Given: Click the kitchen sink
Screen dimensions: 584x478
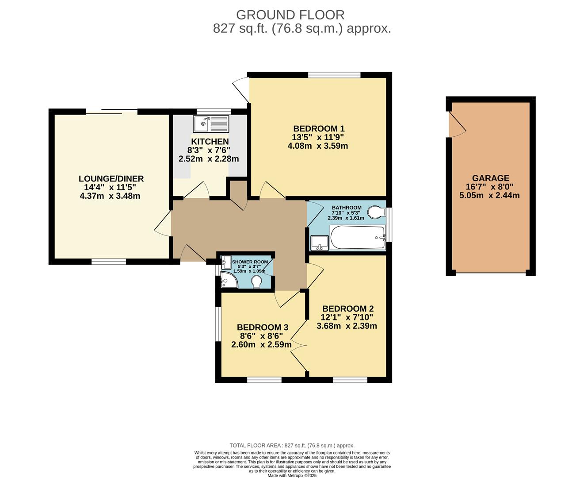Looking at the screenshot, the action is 211,123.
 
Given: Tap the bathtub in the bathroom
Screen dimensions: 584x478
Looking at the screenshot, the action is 358,237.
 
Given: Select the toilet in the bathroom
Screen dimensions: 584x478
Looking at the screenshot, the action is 376,212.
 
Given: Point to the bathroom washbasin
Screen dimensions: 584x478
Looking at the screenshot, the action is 320,243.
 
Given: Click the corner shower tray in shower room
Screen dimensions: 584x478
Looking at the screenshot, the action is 229,279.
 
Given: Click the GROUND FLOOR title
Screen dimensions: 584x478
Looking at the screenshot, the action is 290,15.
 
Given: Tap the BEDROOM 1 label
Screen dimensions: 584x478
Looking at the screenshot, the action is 319,129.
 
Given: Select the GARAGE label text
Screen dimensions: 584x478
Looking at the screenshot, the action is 491,178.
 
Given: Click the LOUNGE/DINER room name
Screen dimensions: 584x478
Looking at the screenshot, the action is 111,178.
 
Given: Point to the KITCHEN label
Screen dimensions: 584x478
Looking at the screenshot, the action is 210,142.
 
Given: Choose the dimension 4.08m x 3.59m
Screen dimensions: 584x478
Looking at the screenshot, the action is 317,146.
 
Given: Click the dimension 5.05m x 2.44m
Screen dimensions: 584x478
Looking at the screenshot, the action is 489,196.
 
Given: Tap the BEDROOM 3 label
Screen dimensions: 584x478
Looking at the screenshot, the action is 263,328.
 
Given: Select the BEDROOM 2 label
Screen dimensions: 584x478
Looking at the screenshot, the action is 348,308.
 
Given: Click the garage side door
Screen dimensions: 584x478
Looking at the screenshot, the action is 457,125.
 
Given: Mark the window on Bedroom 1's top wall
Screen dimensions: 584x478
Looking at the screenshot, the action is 334,75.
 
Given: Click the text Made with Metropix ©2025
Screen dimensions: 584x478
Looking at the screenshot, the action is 292,475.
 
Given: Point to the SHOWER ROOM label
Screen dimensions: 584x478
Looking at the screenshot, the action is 250,262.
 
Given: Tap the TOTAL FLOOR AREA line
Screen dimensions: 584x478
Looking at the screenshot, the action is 292,453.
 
